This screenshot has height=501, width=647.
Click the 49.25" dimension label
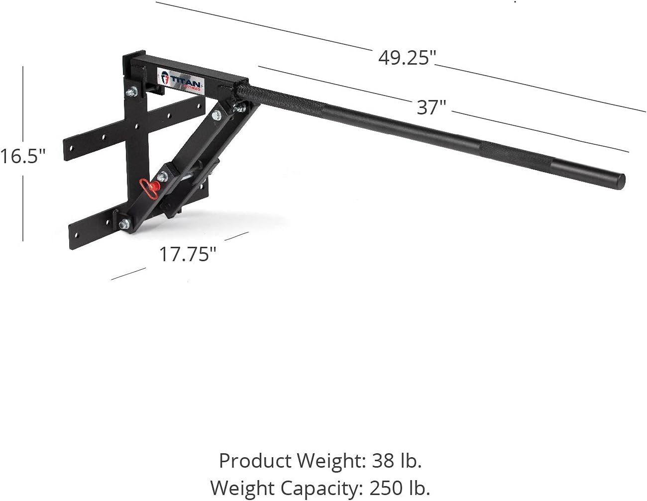tap(407, 58)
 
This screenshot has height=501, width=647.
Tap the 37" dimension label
tap(431, 107)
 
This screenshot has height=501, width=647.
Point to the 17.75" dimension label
tap(188, 254)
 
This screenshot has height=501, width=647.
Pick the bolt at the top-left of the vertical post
tap(132, 92)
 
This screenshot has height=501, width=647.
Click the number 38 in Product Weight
tap(384, 461)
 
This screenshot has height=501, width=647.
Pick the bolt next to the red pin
tap(162, 176)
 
